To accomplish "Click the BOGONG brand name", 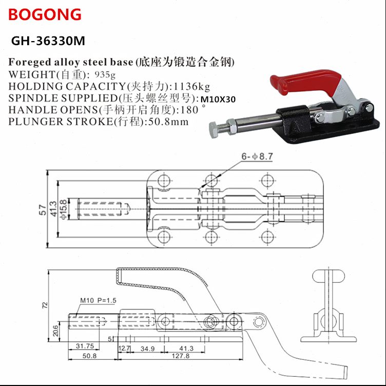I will [45, 14].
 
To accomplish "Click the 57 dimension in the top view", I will [44, 208].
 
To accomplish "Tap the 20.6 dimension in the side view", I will [55, 332].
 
